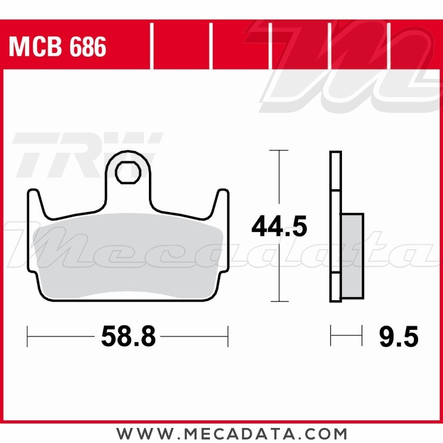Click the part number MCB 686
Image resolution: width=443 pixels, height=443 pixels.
pyautogui.click(x=57, y=47)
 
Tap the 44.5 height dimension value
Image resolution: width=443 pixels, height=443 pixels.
pyautogui.click(x=279, y=226)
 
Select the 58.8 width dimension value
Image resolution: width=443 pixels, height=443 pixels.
pyautogui.click(x=128, y=336)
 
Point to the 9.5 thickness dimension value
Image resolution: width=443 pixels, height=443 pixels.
pyautogui.click(x=399, y=336)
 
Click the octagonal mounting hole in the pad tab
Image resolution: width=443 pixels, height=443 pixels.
pyautogui.click(x=128, y=172)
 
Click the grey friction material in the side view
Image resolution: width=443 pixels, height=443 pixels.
pyautogui.click(x=352, y=256)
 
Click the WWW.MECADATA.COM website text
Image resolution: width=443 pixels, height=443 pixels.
pyautogui.click(x=231, y=433)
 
